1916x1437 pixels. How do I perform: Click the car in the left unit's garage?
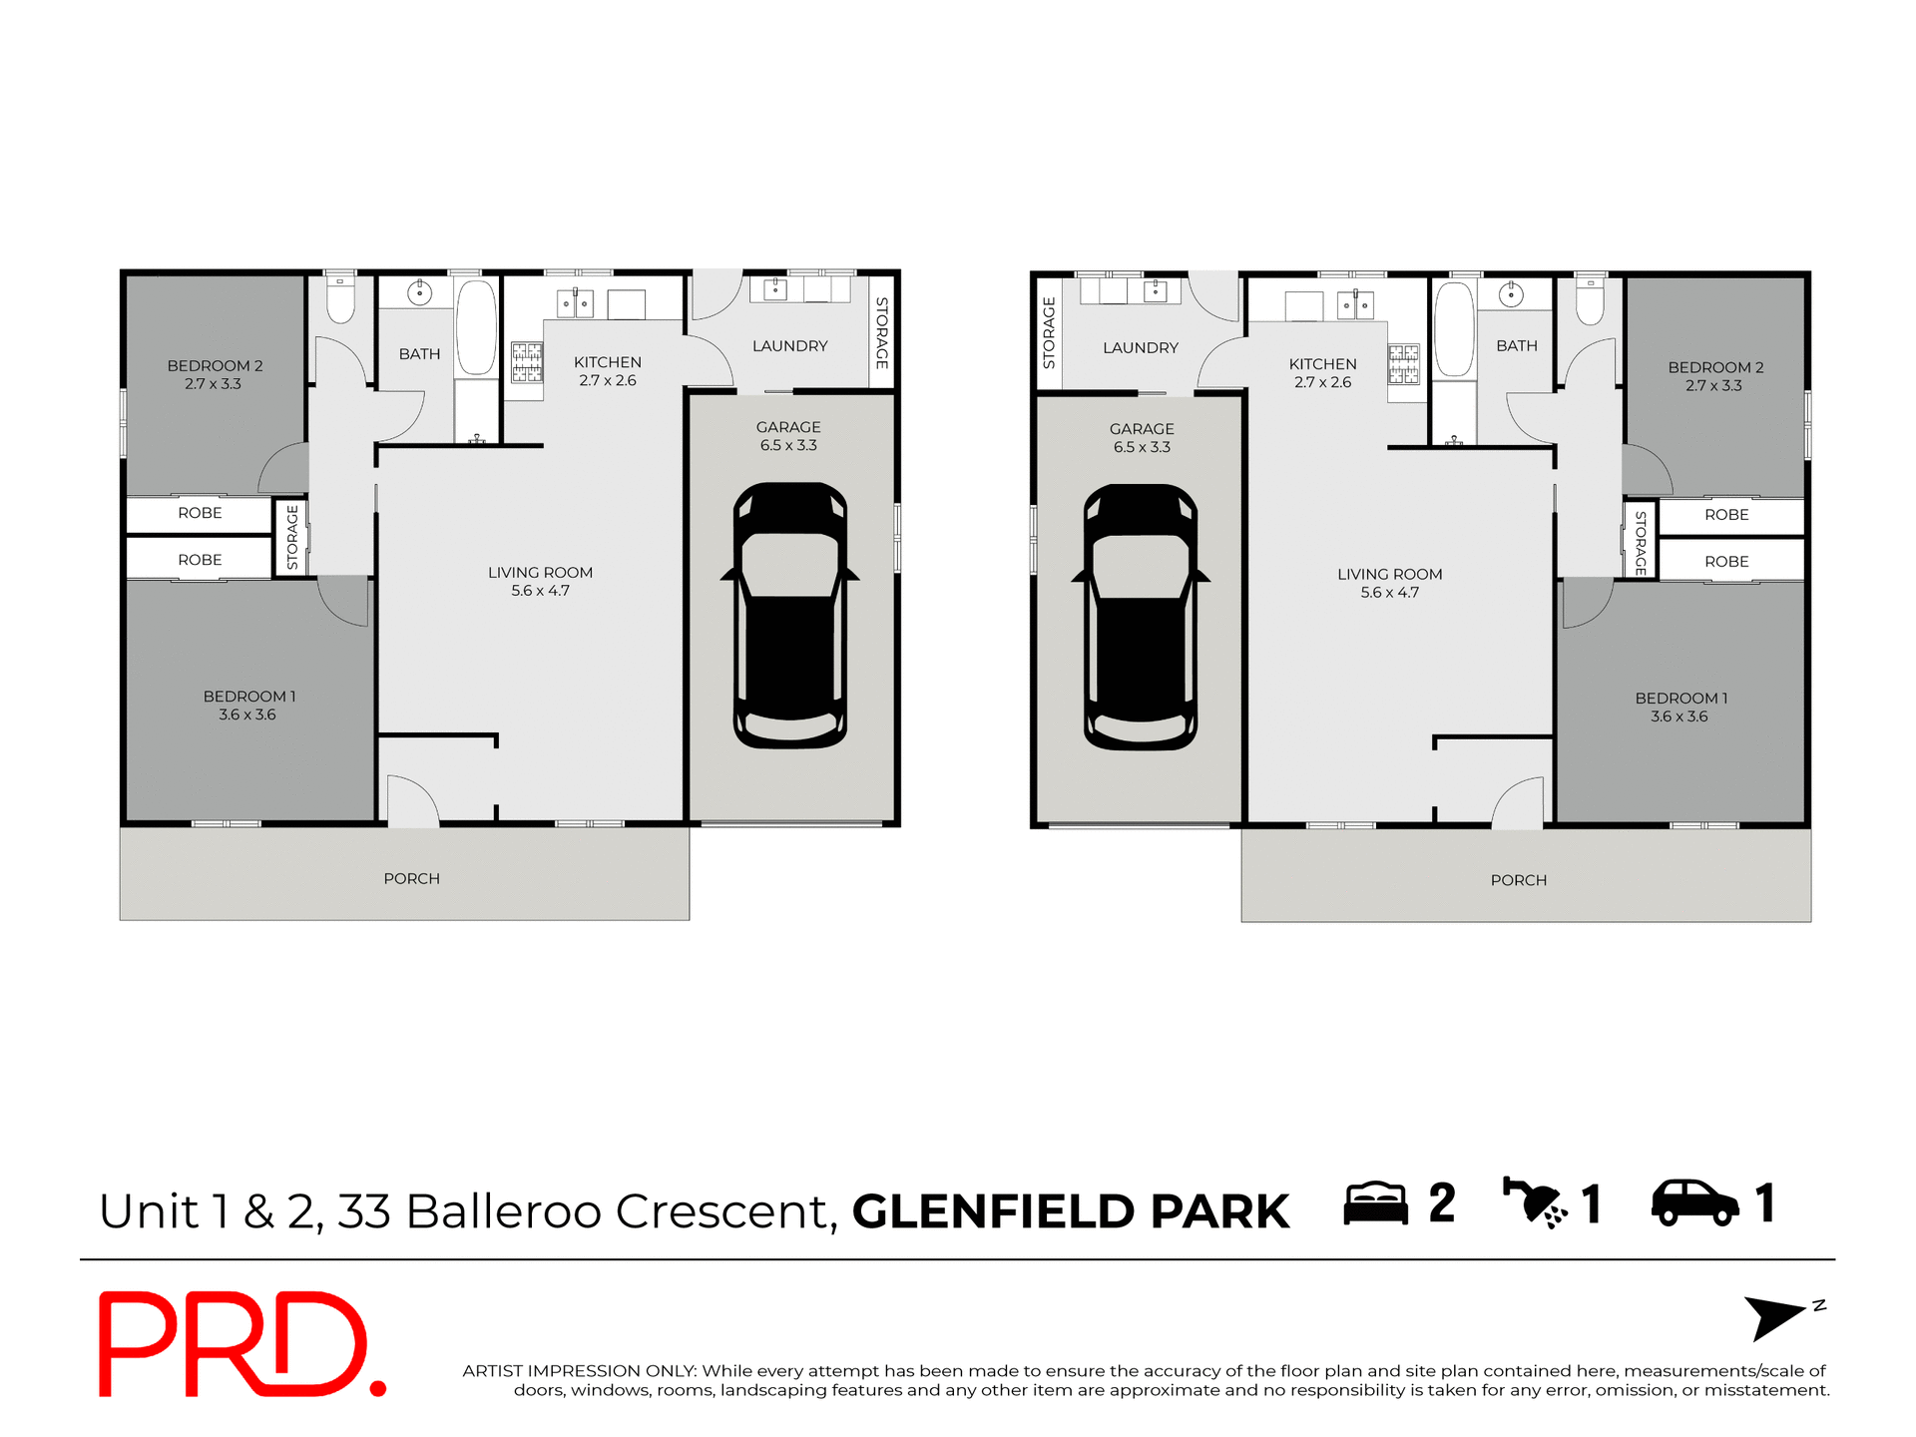tap(790, 616)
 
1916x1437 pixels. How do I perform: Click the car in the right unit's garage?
tap(1141, 618)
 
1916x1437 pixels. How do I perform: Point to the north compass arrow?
tap(1776, 1316)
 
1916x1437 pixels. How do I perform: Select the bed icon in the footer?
tap(1375, 1203)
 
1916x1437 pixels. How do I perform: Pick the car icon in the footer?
tap(1694, 1202)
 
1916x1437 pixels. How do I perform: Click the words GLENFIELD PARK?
tap(1071, 1211)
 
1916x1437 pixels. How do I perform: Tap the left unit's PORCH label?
tap(411, 878)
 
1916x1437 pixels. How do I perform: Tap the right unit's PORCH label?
tap(1518, 880)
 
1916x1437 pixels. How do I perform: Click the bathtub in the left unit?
tap(476, 327)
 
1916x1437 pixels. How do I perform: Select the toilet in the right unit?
tap(1590, 301)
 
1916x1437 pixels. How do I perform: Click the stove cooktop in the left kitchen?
tap(527, 363)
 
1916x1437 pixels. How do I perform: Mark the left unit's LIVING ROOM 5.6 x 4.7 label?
tap(540, 581)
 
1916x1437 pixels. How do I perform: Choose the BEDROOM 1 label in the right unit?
tap(1680, 707)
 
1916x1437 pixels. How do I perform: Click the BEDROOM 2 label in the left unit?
tap(215, 374)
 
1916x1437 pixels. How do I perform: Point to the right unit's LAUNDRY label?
tap(1140, 347)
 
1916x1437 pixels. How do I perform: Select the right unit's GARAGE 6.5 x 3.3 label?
tap(1142, 437)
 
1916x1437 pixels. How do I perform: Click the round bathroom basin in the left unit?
tap(419, 292)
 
